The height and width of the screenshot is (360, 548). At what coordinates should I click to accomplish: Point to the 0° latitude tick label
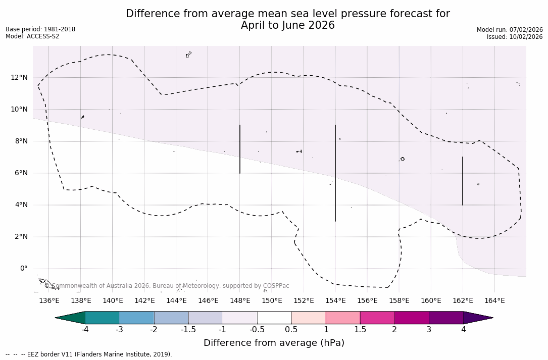pyautogui.click(x=24, y=269)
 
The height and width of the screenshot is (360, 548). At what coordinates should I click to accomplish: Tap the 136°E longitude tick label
pyautogui.click(x=49, y=301)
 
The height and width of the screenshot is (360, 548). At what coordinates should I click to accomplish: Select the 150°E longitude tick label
pyautogui.click(x=272, y=301)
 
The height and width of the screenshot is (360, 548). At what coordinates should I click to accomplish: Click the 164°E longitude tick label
pyautogui.click(x=494, y=301)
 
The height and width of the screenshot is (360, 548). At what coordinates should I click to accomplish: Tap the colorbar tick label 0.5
pyautogui.click(x=291, y=330)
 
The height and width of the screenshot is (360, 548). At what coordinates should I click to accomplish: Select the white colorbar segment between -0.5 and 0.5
pyautogui.click(x=274, y=318)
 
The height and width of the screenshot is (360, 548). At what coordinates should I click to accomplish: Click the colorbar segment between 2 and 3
pyautogui.click(x=412, y=318)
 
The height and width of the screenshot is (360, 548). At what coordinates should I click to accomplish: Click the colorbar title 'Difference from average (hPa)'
pyautogui.click(x=274, y=343)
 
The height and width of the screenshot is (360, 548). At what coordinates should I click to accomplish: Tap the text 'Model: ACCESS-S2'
pyautogui.click(x=32, y=36)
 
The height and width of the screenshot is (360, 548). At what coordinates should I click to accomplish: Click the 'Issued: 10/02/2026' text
pyautogui.click(x=515, y=37)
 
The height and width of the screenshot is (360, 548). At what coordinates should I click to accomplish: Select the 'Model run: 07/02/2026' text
pyautogui.click(x=510, y=30)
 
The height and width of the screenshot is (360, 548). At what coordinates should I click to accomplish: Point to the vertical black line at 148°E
pyautogui.click(x=240, y=149)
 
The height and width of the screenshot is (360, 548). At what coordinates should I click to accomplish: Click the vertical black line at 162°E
pyautogui.click(x=463, y=181)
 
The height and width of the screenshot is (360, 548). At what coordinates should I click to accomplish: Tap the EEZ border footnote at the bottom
pyautogui.click(x=89, y=354)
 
